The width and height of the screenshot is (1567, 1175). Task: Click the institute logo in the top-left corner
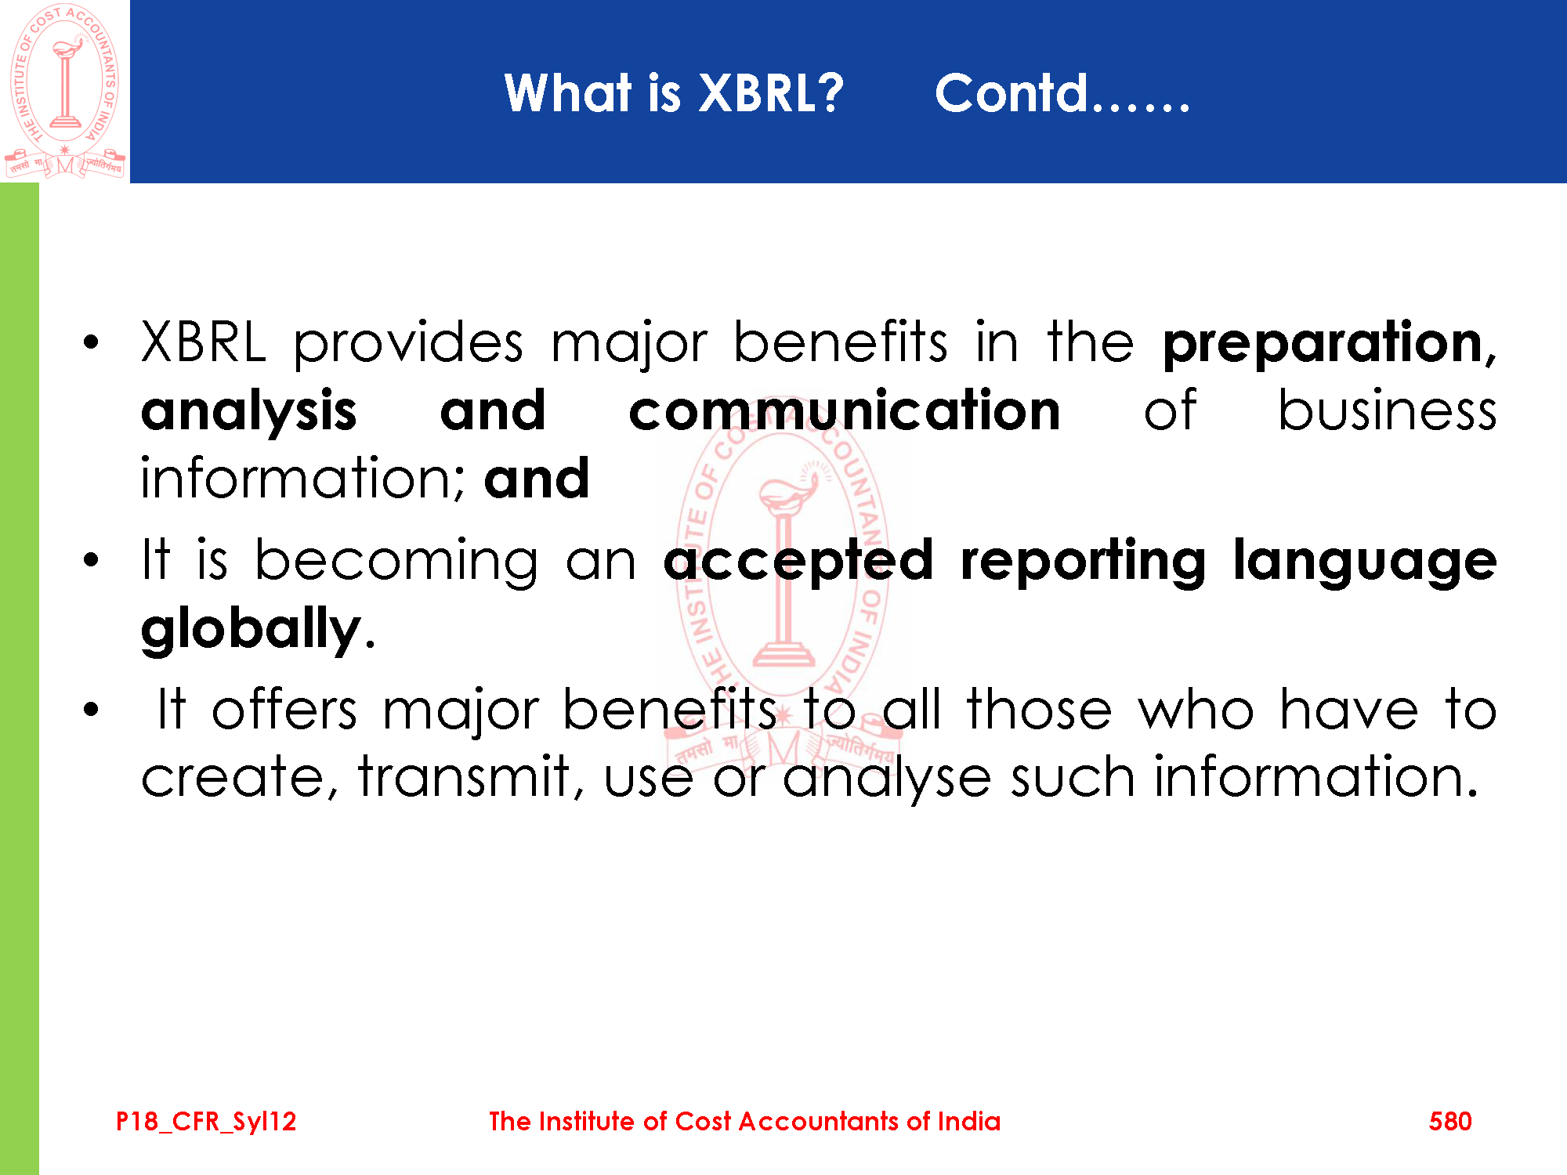(65, 91)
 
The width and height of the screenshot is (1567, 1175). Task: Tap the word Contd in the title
(1011, 93)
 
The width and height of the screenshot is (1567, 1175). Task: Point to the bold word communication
(845, 410)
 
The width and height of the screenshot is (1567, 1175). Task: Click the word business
(1388, 410)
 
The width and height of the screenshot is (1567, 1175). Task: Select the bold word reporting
(1084, 562)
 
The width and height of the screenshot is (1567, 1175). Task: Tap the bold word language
(1365, 561)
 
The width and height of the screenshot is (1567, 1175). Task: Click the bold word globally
(251, 630)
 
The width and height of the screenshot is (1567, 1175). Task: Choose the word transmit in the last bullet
(466, 777)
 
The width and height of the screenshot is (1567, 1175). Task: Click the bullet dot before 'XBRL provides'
(92, 342)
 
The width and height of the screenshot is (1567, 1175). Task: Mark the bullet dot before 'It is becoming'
(92, 560)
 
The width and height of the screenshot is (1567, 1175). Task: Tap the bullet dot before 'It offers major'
(92, 709)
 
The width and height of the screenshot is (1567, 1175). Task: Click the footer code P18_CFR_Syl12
(206, 1122)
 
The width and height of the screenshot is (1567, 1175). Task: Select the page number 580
(1450, 1121)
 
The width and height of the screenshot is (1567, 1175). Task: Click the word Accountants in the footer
(818, 1121)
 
